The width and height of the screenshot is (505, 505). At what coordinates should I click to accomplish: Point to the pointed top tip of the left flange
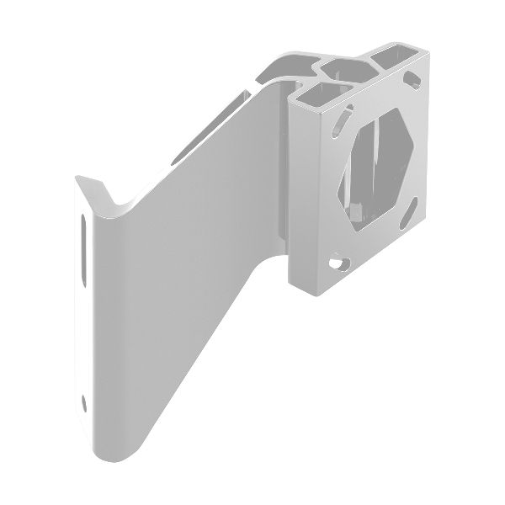click(x=77, y=178)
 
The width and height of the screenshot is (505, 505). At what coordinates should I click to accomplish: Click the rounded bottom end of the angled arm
click(x=118, y=450)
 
